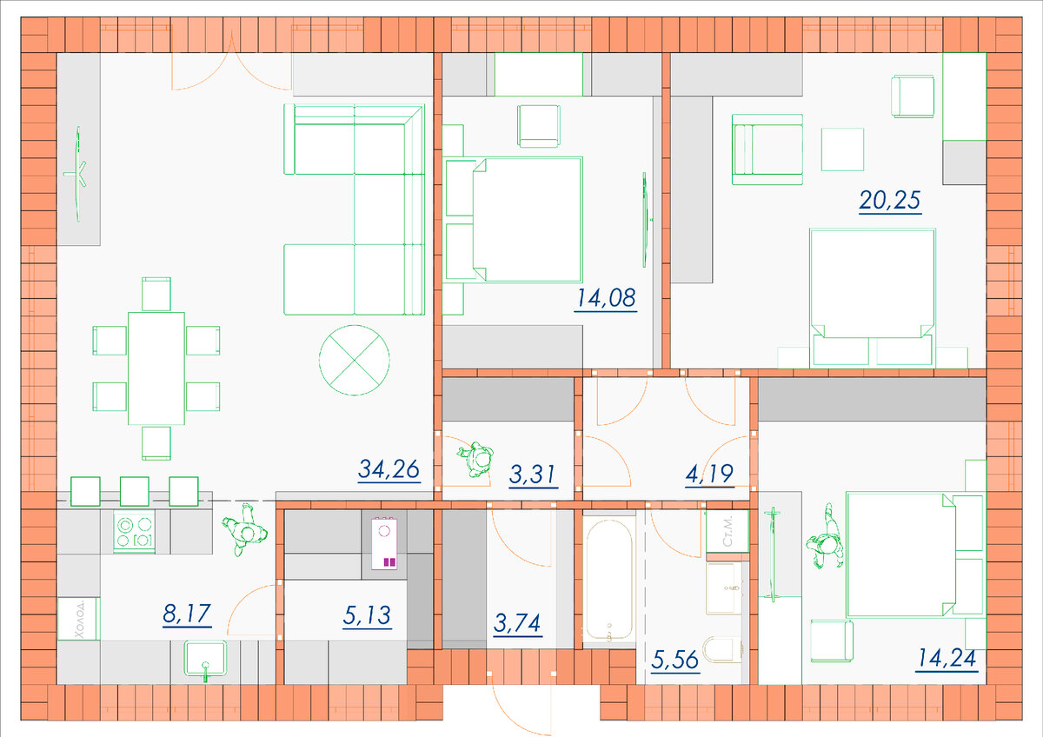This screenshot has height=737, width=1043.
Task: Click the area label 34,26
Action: click(389, 469)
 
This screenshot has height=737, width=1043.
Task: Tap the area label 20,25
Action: click(890, 201)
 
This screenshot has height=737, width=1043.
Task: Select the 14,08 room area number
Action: click(606, 298)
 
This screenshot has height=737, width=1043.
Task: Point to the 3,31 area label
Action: click(533, 475)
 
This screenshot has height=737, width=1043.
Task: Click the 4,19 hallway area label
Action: click(709, 475)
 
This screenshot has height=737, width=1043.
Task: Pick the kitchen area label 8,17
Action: click(187, 614)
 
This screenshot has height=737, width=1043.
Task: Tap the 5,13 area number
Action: click(367, 616)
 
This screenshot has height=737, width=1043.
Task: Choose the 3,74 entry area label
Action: click(517, 623)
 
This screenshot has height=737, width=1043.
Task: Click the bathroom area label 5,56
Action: click(675, 661)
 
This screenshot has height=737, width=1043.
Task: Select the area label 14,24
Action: click(947, 659)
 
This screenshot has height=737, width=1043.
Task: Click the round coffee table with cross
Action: click(355, 360)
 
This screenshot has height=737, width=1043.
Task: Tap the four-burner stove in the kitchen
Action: click(134, 532)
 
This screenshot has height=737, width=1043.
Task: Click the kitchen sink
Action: click(205, 659)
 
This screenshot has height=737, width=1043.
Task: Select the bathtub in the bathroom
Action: click(609, 580)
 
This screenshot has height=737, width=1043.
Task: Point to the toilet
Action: click(722, 649)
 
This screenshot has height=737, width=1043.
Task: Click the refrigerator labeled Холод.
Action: click(78, 619)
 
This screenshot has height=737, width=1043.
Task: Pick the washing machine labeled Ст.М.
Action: click(727, 531)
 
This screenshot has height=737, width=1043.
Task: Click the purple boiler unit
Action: click(384, 544)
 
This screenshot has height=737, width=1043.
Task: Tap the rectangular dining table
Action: click(156, 368)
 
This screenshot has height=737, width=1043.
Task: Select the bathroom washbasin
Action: click(725, 588)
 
